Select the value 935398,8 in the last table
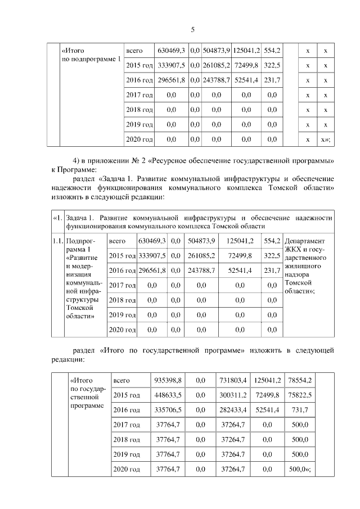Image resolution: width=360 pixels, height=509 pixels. coord(168,380)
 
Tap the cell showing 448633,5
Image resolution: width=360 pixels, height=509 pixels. coord(168,395)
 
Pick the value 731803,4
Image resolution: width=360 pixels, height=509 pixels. coord(231,380)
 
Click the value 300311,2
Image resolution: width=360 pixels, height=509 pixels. coord(231,395)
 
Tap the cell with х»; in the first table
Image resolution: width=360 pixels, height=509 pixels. coord(325,139)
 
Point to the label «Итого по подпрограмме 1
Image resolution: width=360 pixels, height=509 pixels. coord(91,55)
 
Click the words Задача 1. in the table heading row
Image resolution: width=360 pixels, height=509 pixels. coord(82,217)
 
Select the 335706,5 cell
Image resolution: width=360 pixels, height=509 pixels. coord(168,409)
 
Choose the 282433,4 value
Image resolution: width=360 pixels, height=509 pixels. coord(231,409)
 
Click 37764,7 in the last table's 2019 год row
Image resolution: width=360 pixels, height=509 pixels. coord(168,454)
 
